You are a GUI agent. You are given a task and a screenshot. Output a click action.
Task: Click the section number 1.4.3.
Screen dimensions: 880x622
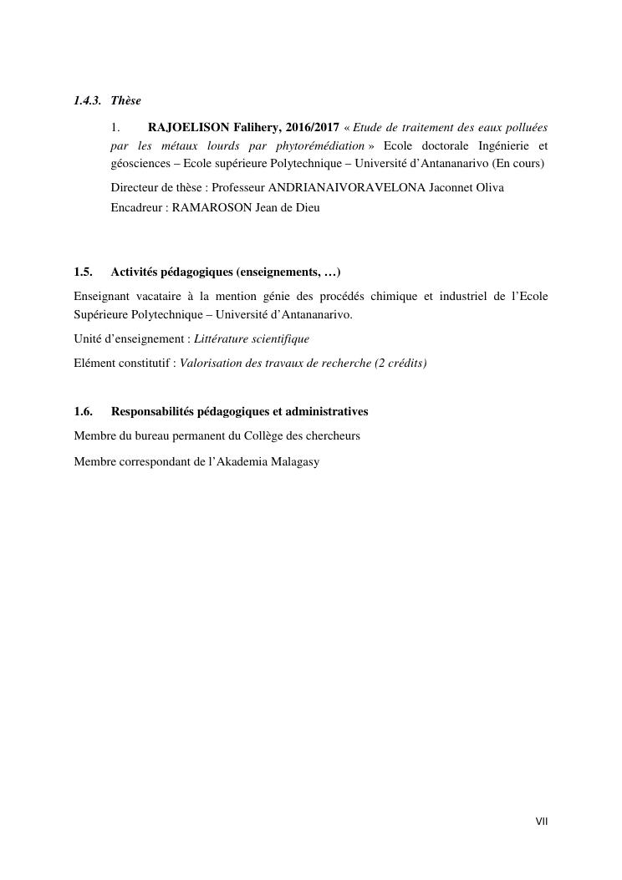[87, 101]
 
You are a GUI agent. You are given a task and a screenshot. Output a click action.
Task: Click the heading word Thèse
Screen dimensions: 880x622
[126, 101]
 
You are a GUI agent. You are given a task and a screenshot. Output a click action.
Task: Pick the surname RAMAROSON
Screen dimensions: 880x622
[212, 207]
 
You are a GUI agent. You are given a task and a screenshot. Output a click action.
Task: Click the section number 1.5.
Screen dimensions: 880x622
[83, 272]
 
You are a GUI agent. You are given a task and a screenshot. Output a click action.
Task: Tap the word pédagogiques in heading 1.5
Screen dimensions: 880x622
[198, 272]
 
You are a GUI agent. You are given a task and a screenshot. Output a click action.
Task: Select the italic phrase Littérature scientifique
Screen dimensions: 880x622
[252, 339]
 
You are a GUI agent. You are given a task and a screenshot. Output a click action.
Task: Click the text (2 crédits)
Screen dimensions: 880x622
[402, 364]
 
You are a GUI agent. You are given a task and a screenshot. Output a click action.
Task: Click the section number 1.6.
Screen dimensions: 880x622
[83, 412]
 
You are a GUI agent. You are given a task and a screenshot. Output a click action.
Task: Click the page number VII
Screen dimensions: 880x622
[542, 822]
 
